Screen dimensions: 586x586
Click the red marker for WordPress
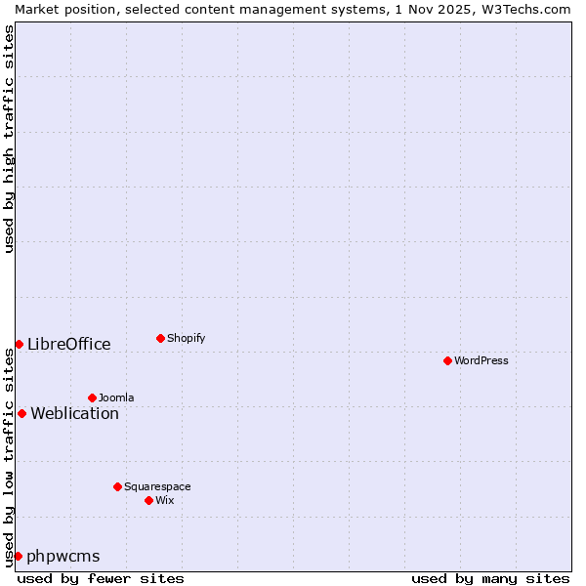tap(447, 360)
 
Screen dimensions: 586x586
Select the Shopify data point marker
tap(160, 338)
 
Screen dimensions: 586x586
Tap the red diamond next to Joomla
tap(92, 398)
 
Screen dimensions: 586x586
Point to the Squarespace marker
tap(117, 486)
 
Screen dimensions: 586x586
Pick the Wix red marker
tap(148, 500)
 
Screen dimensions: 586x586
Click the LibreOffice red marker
tap(19, 344)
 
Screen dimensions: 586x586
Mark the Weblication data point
tap(21, 413)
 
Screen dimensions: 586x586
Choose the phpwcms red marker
tap(18, 556)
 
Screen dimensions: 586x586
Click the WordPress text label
tap(481, 360)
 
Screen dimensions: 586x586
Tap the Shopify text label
tap(186, 338)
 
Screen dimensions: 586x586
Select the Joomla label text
tap(116, 398)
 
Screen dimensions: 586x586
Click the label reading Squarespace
tap(157, 486)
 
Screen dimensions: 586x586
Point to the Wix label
tap(164, 500)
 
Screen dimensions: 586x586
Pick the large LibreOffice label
tap(69, 344)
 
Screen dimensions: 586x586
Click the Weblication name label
tap(74, 413)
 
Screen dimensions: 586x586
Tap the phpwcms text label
tap(63, 557)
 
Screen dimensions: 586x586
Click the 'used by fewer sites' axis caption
tap(101, 578)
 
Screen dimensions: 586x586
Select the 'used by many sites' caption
tap(490, 578)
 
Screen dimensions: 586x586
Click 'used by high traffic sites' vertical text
tap(9, 139)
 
